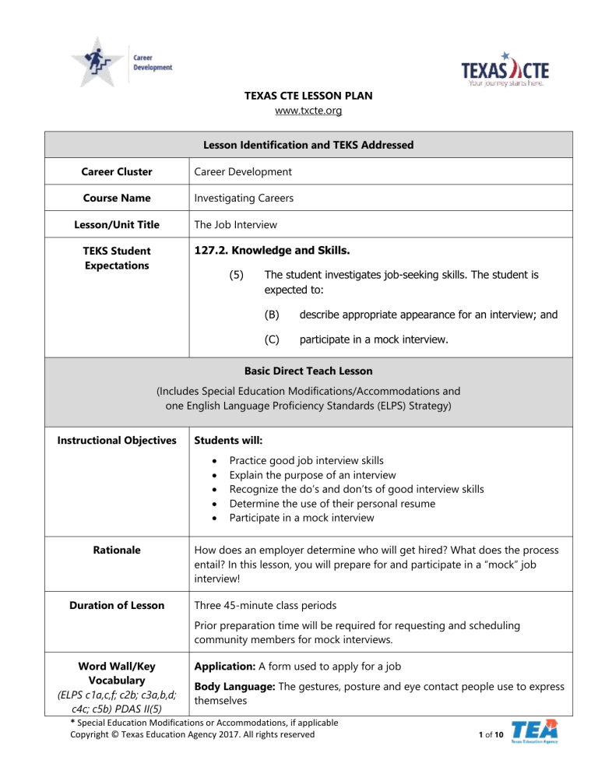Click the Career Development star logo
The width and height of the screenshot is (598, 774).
point(100,62)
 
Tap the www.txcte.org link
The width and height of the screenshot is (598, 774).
point(300,111)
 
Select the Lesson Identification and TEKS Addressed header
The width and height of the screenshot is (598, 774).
point(300,144)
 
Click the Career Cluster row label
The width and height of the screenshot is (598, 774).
point(118,171)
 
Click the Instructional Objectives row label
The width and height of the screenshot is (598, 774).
point(118,442)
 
